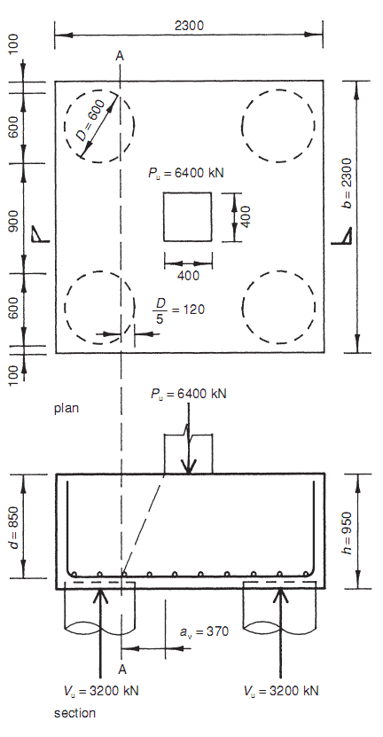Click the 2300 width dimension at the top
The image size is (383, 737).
coord(190,26)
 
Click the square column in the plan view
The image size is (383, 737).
coord(187,217)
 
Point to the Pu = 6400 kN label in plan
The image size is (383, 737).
coord(187,173)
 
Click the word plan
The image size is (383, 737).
coord(67,409)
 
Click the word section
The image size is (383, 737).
coord(74,712)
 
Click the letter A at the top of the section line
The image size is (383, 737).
coord(120,56)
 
